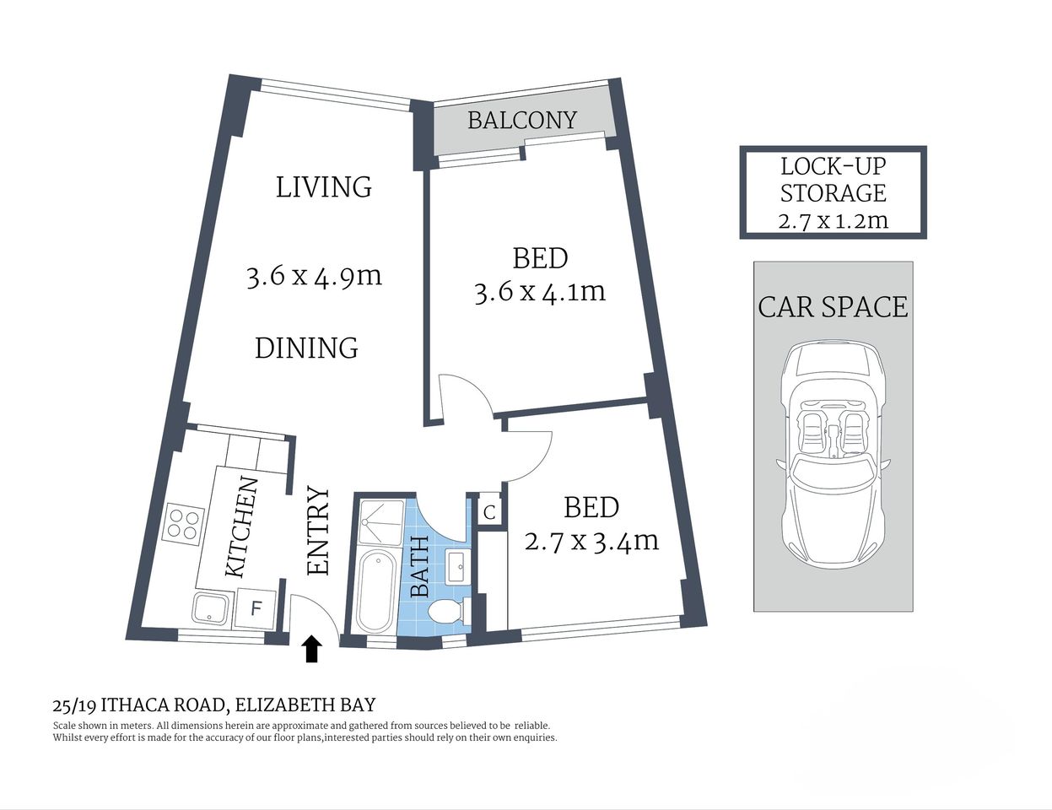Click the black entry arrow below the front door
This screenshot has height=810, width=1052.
pos(312,649)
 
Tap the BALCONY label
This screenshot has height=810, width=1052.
pos(521,121)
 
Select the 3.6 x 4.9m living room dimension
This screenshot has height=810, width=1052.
pos(314,276)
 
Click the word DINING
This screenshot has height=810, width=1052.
pos(306,348)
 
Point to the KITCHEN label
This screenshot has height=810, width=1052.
pos(241,527)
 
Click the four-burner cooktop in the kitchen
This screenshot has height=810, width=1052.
pos(185,521)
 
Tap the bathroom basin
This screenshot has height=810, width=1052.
pos(457,565)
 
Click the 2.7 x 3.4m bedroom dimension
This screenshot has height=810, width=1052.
pos(591,540)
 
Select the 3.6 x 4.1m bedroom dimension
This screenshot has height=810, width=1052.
pos(540,292)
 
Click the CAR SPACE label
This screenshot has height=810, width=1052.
pos(833,306)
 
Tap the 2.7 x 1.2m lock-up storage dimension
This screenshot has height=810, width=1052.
pos(833,221)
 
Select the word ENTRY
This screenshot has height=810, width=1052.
pos(318,531)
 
